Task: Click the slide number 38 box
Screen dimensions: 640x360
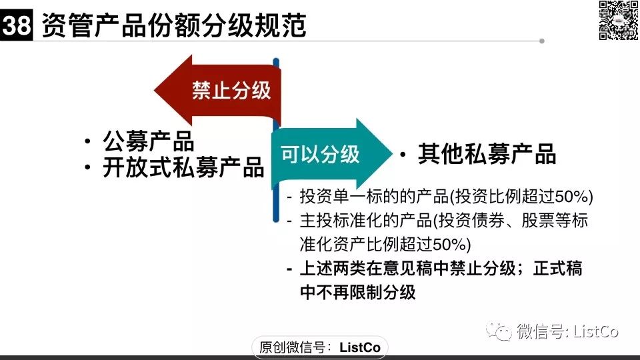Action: pos(16,25)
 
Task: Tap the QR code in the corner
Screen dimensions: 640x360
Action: pos(618,21)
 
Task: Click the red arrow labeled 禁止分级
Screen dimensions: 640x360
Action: pos(217,90)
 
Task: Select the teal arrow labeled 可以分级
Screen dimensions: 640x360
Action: pos(331,154)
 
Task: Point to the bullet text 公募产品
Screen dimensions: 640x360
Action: pos(148,141)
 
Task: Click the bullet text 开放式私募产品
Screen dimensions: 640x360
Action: pos(183,167)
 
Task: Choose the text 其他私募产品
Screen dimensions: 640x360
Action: pos(487,154)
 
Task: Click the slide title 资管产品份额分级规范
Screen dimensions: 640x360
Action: pos(174,25)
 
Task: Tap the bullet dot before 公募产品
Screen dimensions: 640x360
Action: pos(87,141)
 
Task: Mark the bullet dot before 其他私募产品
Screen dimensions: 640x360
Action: pos(403,155)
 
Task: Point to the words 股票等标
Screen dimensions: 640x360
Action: pos(555,221)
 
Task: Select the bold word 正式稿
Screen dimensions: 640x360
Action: pos(557,269)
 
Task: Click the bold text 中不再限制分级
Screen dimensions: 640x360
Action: pos(357,292)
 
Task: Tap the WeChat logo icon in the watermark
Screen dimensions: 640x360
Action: pos(499,331)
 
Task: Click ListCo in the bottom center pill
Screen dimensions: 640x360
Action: pos(360,347)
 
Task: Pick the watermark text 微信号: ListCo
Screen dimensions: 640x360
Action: pos(568,331)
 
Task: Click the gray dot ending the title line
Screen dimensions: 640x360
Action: pos(541,41)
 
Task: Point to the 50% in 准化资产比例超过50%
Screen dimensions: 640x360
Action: pos(449,245)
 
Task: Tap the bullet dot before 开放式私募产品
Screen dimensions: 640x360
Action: pos(87,167)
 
